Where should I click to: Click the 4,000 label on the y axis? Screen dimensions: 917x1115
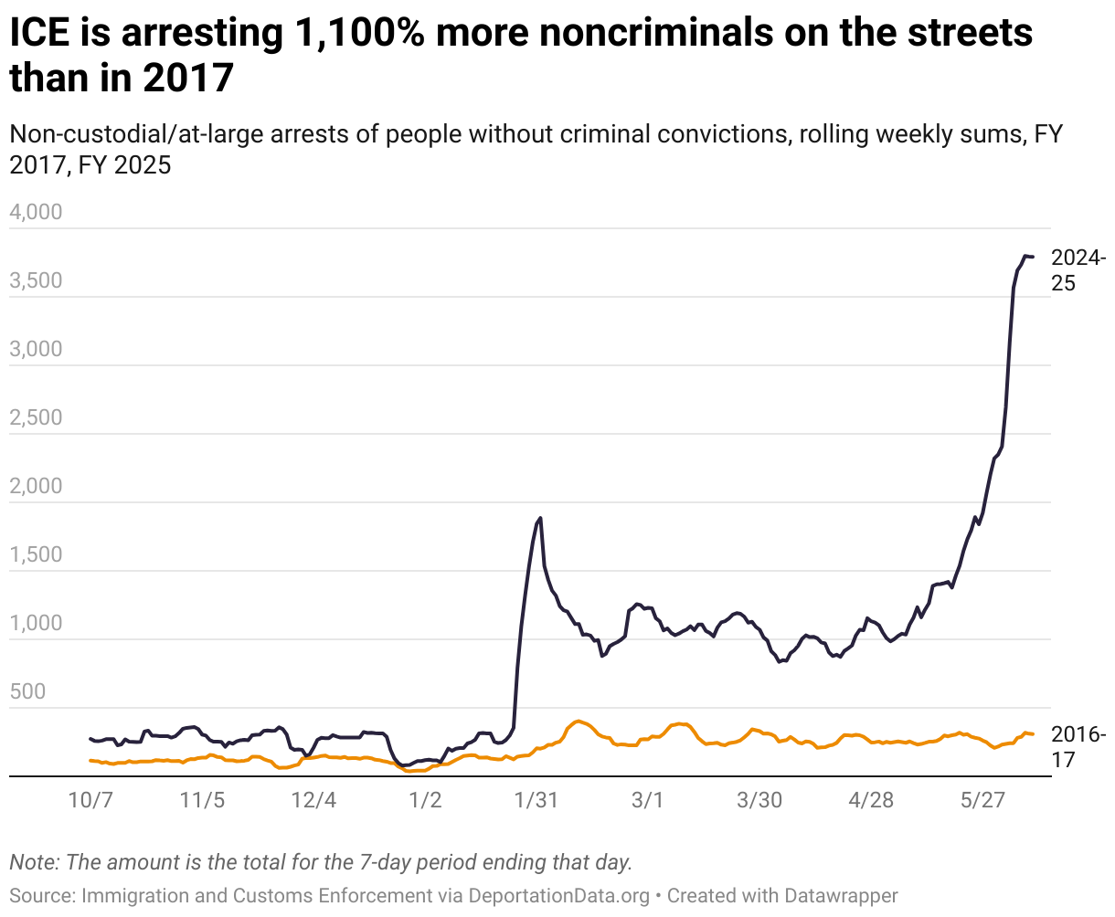tap(36, 213)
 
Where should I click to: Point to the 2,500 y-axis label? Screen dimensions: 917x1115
tap(36, 418)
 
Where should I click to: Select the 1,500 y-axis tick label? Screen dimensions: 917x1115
tap(36, 555)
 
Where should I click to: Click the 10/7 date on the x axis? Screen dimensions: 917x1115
tap(90, 801)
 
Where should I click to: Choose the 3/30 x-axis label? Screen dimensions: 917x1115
tap(759, 801)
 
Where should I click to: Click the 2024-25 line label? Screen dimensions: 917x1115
tap(1078, 270)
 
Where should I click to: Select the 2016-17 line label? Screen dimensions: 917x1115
tap(1078, 746)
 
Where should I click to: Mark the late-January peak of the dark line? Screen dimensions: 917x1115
tap(540, 518)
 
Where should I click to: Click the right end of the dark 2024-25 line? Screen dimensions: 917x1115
tap(1033, 257)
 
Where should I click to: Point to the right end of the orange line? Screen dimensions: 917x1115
tap(1033, 734)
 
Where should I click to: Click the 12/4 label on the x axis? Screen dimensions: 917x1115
tap(313, 801)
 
